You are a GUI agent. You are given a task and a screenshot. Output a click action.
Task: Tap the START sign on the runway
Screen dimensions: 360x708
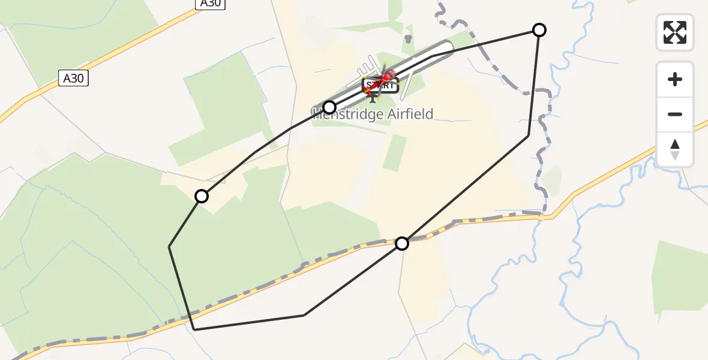(x=380, y=85)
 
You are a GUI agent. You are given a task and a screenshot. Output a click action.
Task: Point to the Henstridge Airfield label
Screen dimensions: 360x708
(x=373, y=114)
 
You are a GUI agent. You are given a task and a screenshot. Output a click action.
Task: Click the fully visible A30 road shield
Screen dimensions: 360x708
(x=73, y=78)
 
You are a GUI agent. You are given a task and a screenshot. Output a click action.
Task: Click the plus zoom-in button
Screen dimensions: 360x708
(x=675, y=79)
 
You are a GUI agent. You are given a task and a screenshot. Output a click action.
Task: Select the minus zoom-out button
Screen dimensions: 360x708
(x=675, y=114)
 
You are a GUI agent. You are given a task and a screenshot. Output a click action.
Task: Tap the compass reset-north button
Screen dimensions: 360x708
(x=675, y=149)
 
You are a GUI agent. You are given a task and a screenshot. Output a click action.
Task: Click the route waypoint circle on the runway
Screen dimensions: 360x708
(x=329, y=107)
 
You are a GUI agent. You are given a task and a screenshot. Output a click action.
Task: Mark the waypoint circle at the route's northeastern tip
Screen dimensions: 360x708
(x=539, y=30)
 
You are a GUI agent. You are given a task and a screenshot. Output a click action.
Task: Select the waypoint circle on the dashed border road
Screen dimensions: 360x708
(x=402, y=243)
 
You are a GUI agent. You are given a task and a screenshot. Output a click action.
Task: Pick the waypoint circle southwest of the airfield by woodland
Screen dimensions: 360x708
(x=202, y=196)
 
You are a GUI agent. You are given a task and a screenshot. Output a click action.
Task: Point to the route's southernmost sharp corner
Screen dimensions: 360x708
(x=194, y=329)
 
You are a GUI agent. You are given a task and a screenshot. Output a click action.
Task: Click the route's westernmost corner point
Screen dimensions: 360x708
(x=170, y=247)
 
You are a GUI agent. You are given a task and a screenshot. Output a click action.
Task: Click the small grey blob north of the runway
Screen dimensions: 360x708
(x=409, y=39)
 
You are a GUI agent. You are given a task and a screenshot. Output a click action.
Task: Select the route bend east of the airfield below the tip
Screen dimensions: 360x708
(x=529, y=136)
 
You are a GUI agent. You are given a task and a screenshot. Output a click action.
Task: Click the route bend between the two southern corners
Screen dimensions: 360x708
(x=304, y=315)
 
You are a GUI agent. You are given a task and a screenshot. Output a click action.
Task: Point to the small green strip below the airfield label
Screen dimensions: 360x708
(x=394, y=153)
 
